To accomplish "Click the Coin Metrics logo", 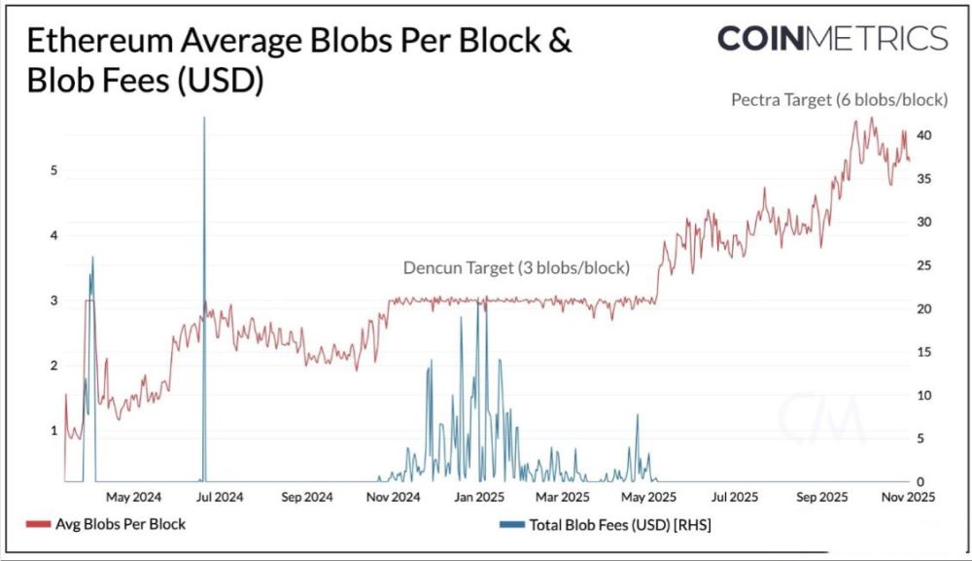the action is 833,39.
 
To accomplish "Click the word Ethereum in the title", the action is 99,41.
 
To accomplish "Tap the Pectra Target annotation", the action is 840,100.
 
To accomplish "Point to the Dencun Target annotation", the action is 516,267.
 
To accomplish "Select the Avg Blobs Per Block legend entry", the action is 106,524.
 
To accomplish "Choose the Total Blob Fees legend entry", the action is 605,525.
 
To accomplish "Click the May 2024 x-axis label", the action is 133,497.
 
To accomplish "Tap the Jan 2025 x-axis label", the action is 479,497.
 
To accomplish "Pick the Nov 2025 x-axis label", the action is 909,497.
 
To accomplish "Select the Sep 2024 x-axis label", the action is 307,497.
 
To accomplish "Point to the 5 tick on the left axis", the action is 53,170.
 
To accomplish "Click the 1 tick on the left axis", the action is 53,430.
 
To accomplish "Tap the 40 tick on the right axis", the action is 923,135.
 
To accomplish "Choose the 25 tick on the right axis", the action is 923,265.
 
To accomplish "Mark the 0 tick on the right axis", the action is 920,481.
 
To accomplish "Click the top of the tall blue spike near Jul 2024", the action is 204,118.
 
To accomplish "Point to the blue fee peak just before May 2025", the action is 637,415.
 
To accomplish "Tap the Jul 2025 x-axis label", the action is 735,497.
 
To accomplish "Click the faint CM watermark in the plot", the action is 820,418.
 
